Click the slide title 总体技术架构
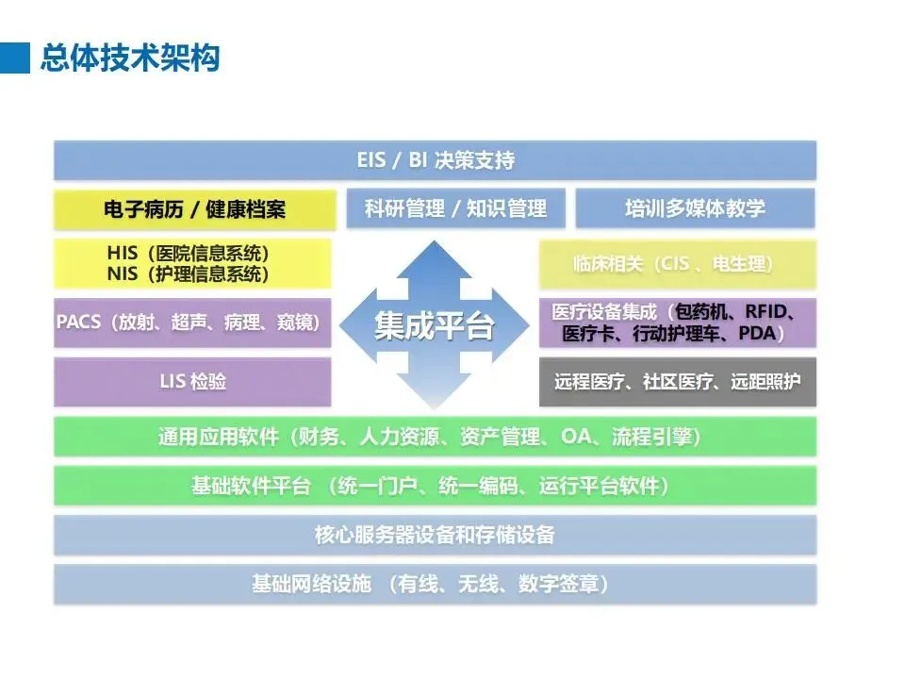(130, 58)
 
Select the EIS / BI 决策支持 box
(435, 160)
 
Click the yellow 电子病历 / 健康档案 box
(194, 209)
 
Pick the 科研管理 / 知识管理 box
(455, 208)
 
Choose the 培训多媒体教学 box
(695, 208)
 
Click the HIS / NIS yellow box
(193, 263)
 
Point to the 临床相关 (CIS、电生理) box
(677, 264)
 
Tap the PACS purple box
(193, 323)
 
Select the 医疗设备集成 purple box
(677, 323)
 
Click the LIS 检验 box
(193, 382)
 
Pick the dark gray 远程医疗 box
(677, 382)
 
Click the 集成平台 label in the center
(435, 326)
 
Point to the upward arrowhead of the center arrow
(435, 255)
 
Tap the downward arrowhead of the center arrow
(435, 396)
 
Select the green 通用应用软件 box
(435, 438)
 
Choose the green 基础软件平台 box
(435, 486)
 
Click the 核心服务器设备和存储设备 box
(435, 536)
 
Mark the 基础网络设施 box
(435, 585)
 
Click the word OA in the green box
(576, 438)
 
